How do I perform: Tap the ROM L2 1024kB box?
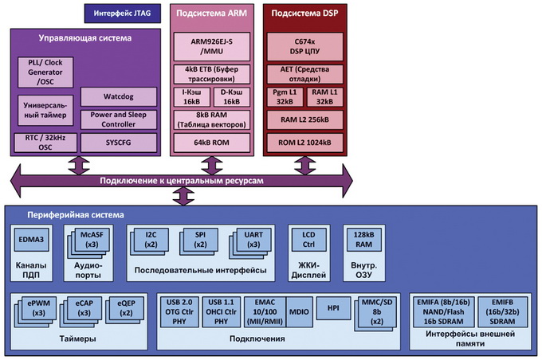click(306, 142)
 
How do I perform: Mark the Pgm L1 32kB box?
click(285, 97)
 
